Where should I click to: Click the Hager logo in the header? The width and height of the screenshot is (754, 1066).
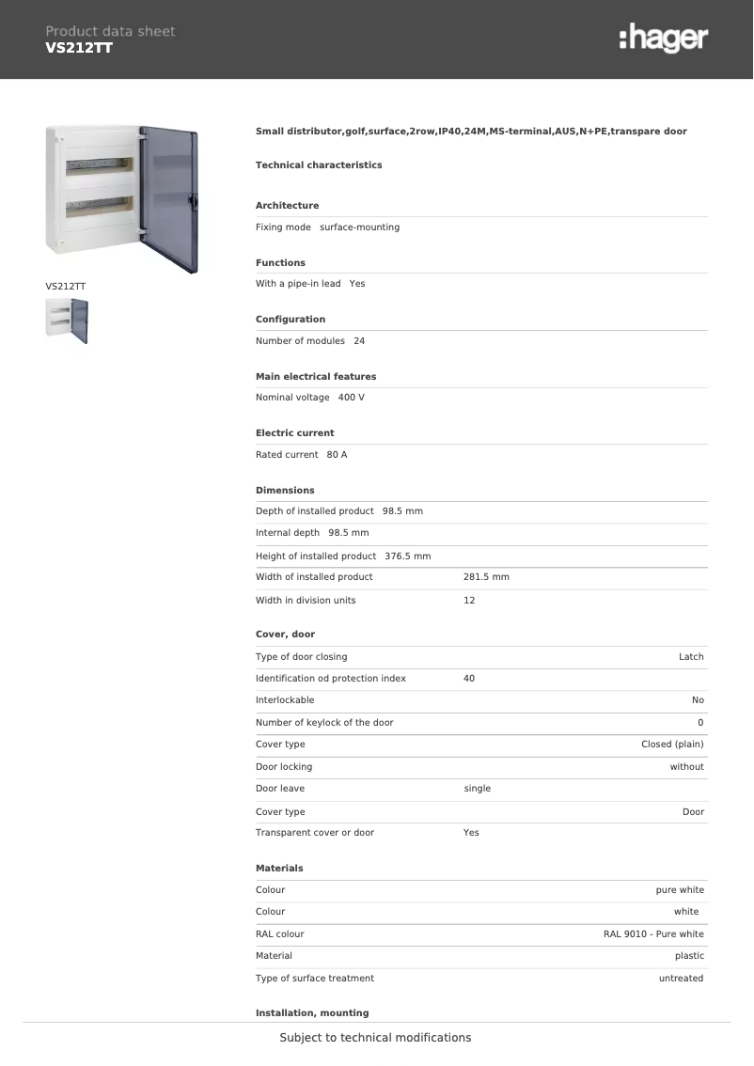(x=664, y=38)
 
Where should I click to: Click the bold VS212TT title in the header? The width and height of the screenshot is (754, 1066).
(x=79, y=47)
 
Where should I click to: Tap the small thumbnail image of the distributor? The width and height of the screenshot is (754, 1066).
(x=67, y=321)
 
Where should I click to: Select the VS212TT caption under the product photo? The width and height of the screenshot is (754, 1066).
(x=66, y=286)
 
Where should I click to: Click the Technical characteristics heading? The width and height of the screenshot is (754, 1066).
(x=319, y=165)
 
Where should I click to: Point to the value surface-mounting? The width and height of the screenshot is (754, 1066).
(x=359, y=227)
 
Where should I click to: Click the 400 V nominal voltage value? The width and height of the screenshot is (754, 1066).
(x=351, y=398)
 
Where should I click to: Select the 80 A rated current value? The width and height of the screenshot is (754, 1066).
(x=337, y=455)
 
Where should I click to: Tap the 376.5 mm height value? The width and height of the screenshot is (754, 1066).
(x=407, y=557)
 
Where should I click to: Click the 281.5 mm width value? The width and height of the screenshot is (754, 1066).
(x=486, y=577)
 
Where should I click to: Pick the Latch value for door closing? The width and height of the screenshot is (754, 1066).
(x=691, y=657)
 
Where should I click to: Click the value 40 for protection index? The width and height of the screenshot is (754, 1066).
(x=469, y=679)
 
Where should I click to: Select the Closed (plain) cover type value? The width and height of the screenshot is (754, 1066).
(x=672, y=745)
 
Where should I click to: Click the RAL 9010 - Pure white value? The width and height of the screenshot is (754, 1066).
(x=653, y=934)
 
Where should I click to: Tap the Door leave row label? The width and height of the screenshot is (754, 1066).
(x=280, y=789)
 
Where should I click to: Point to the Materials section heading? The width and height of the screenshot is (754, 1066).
(x=279, y=869)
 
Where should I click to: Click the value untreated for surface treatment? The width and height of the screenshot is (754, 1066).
(x=681, y=979)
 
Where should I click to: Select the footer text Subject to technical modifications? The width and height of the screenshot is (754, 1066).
(x=375, y=1038)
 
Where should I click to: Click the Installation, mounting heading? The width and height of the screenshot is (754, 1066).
(x=312, y=1013)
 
